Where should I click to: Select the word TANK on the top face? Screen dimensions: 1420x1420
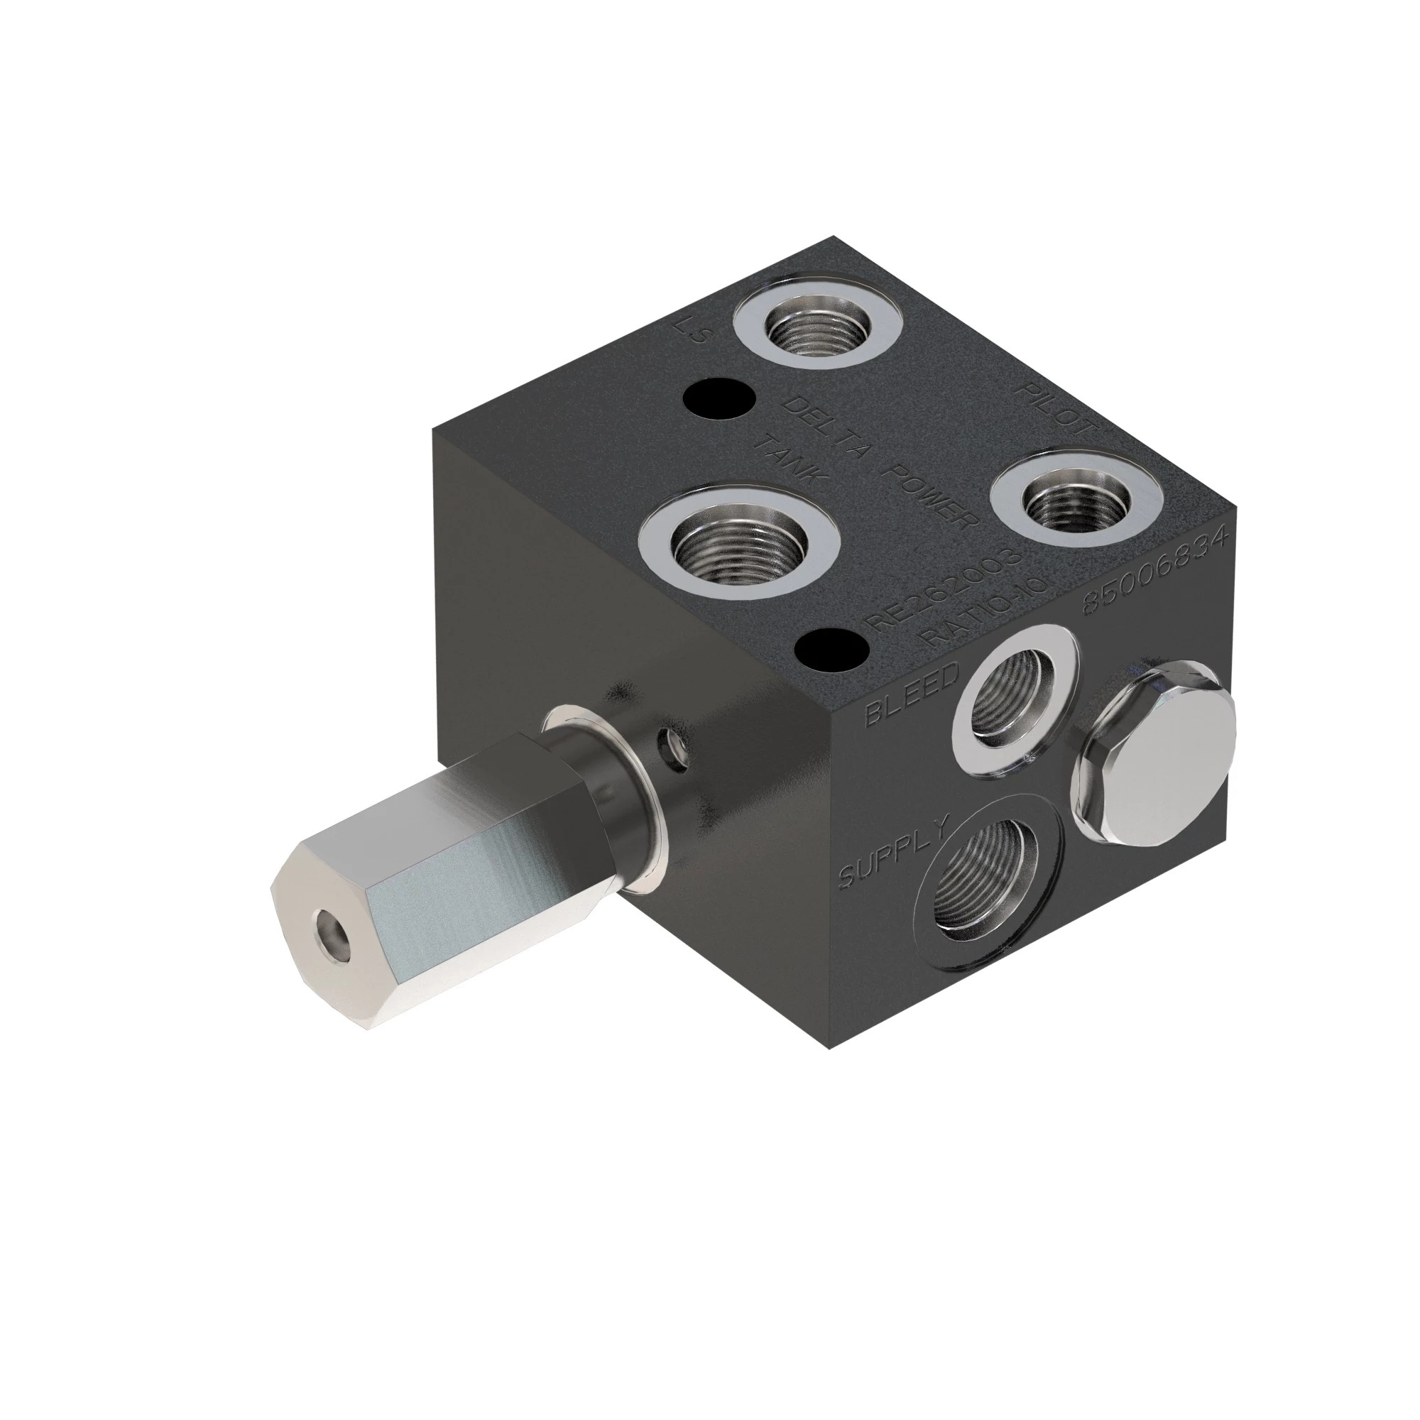coord(794,459)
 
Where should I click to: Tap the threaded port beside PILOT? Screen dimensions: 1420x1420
coord(1073,503)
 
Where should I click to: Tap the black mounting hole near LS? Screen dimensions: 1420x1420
coord(719,398)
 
